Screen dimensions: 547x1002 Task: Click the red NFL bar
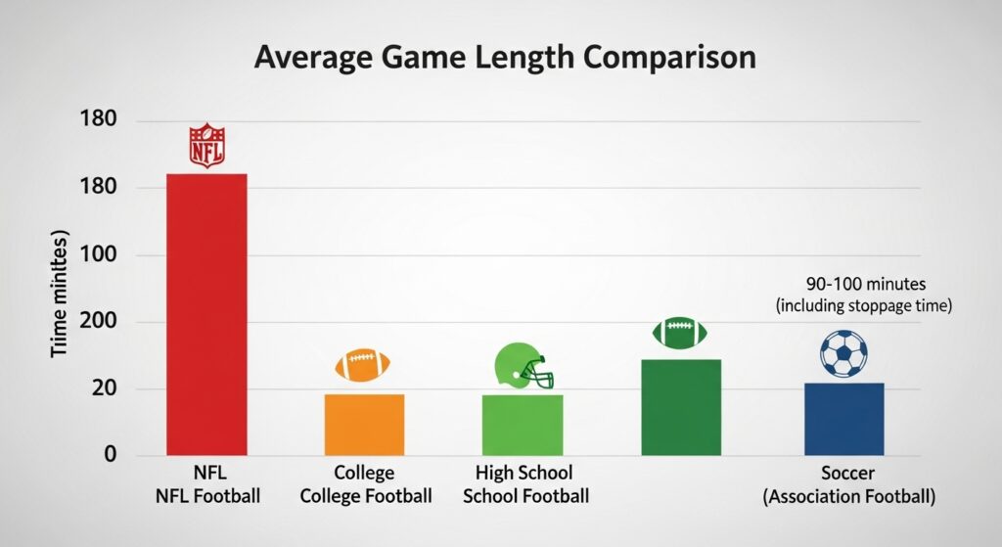coord(206,314)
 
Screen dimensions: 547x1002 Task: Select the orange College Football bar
coord(364,425)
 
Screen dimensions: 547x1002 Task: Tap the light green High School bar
coord(523,425)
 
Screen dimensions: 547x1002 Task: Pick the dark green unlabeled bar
coord(681,407)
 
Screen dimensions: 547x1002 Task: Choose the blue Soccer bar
coord(843,419)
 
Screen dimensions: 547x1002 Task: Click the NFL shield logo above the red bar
coord(206,145)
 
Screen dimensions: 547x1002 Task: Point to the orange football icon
coord(363,366)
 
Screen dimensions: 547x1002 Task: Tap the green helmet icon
coord(522,366)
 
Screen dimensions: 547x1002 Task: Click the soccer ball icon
coord(843,353)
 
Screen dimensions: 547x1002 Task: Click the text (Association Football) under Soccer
coord(848,497)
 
